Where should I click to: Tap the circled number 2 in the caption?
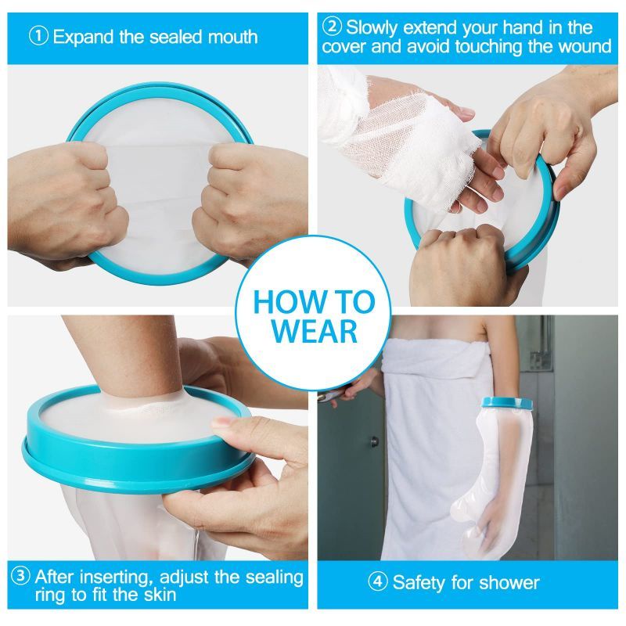333,27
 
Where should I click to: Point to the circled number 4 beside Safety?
380,582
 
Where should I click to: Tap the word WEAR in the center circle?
314,331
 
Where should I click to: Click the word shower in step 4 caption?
510,582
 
